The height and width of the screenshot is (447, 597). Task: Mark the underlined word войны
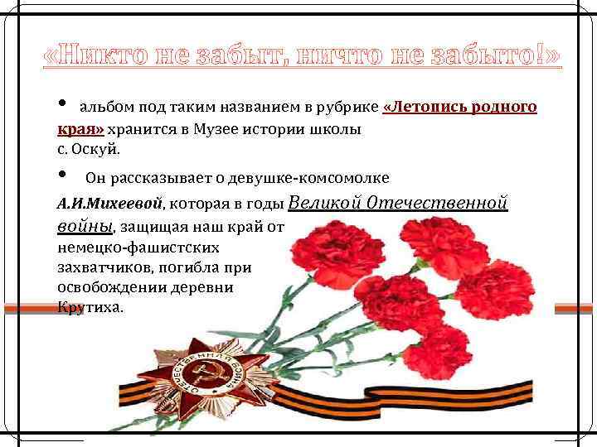[x=84, y=225]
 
